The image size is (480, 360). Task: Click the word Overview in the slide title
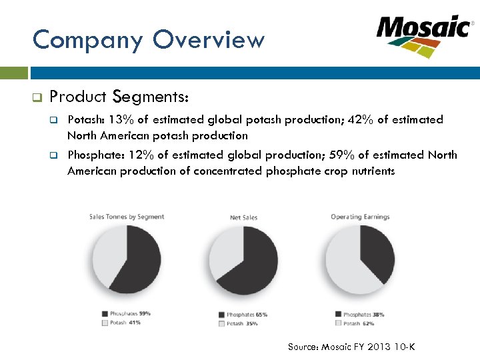208,40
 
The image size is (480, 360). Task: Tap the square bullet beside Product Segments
37,97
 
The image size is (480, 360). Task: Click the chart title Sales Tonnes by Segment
127,217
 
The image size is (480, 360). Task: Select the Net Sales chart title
244,217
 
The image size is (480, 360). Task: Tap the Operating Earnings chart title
360,217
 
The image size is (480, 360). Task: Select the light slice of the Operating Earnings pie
347,270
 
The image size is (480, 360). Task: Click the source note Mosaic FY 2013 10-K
351,347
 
